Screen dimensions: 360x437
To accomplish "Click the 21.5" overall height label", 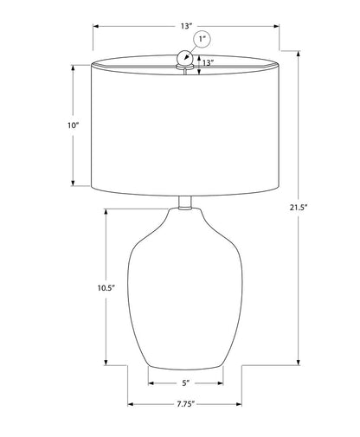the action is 299,207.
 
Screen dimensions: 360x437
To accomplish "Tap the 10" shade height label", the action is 74,125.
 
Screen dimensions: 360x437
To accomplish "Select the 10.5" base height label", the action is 106,287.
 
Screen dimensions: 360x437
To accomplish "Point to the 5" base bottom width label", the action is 186,383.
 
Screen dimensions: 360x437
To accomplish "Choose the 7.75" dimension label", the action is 186,404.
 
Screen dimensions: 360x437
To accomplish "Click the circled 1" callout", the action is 202,39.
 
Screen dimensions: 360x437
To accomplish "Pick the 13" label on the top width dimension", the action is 186,26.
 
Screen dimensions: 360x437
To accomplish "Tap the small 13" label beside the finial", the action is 208,62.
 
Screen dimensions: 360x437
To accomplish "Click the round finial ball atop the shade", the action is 184,57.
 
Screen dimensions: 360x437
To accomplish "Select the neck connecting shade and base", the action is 185,202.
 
